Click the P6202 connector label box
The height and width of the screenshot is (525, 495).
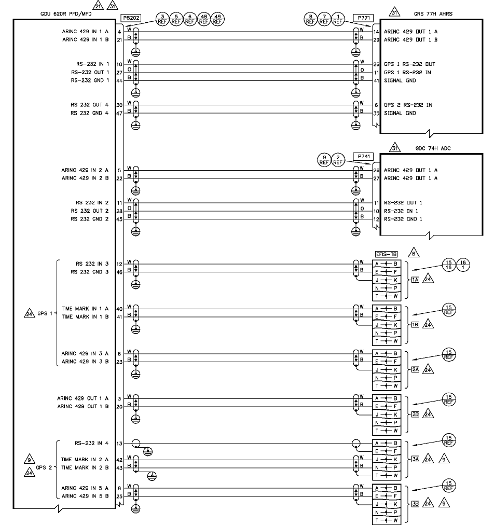129,18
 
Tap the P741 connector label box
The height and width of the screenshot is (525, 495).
363,156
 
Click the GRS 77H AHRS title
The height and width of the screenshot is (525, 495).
433,13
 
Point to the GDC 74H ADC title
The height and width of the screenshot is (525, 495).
433,148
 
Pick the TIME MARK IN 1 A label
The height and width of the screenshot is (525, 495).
85,309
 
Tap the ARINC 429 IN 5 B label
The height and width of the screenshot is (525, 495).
85,496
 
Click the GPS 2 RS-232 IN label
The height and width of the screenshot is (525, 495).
408,105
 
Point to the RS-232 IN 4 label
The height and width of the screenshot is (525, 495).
91,443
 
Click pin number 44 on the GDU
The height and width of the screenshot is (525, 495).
119,80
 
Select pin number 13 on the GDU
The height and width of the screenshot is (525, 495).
119,444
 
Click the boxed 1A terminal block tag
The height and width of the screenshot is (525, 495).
415,280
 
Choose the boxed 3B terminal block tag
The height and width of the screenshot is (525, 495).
415,503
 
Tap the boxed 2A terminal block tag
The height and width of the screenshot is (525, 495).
415,370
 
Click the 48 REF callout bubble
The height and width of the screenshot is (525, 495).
204,20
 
